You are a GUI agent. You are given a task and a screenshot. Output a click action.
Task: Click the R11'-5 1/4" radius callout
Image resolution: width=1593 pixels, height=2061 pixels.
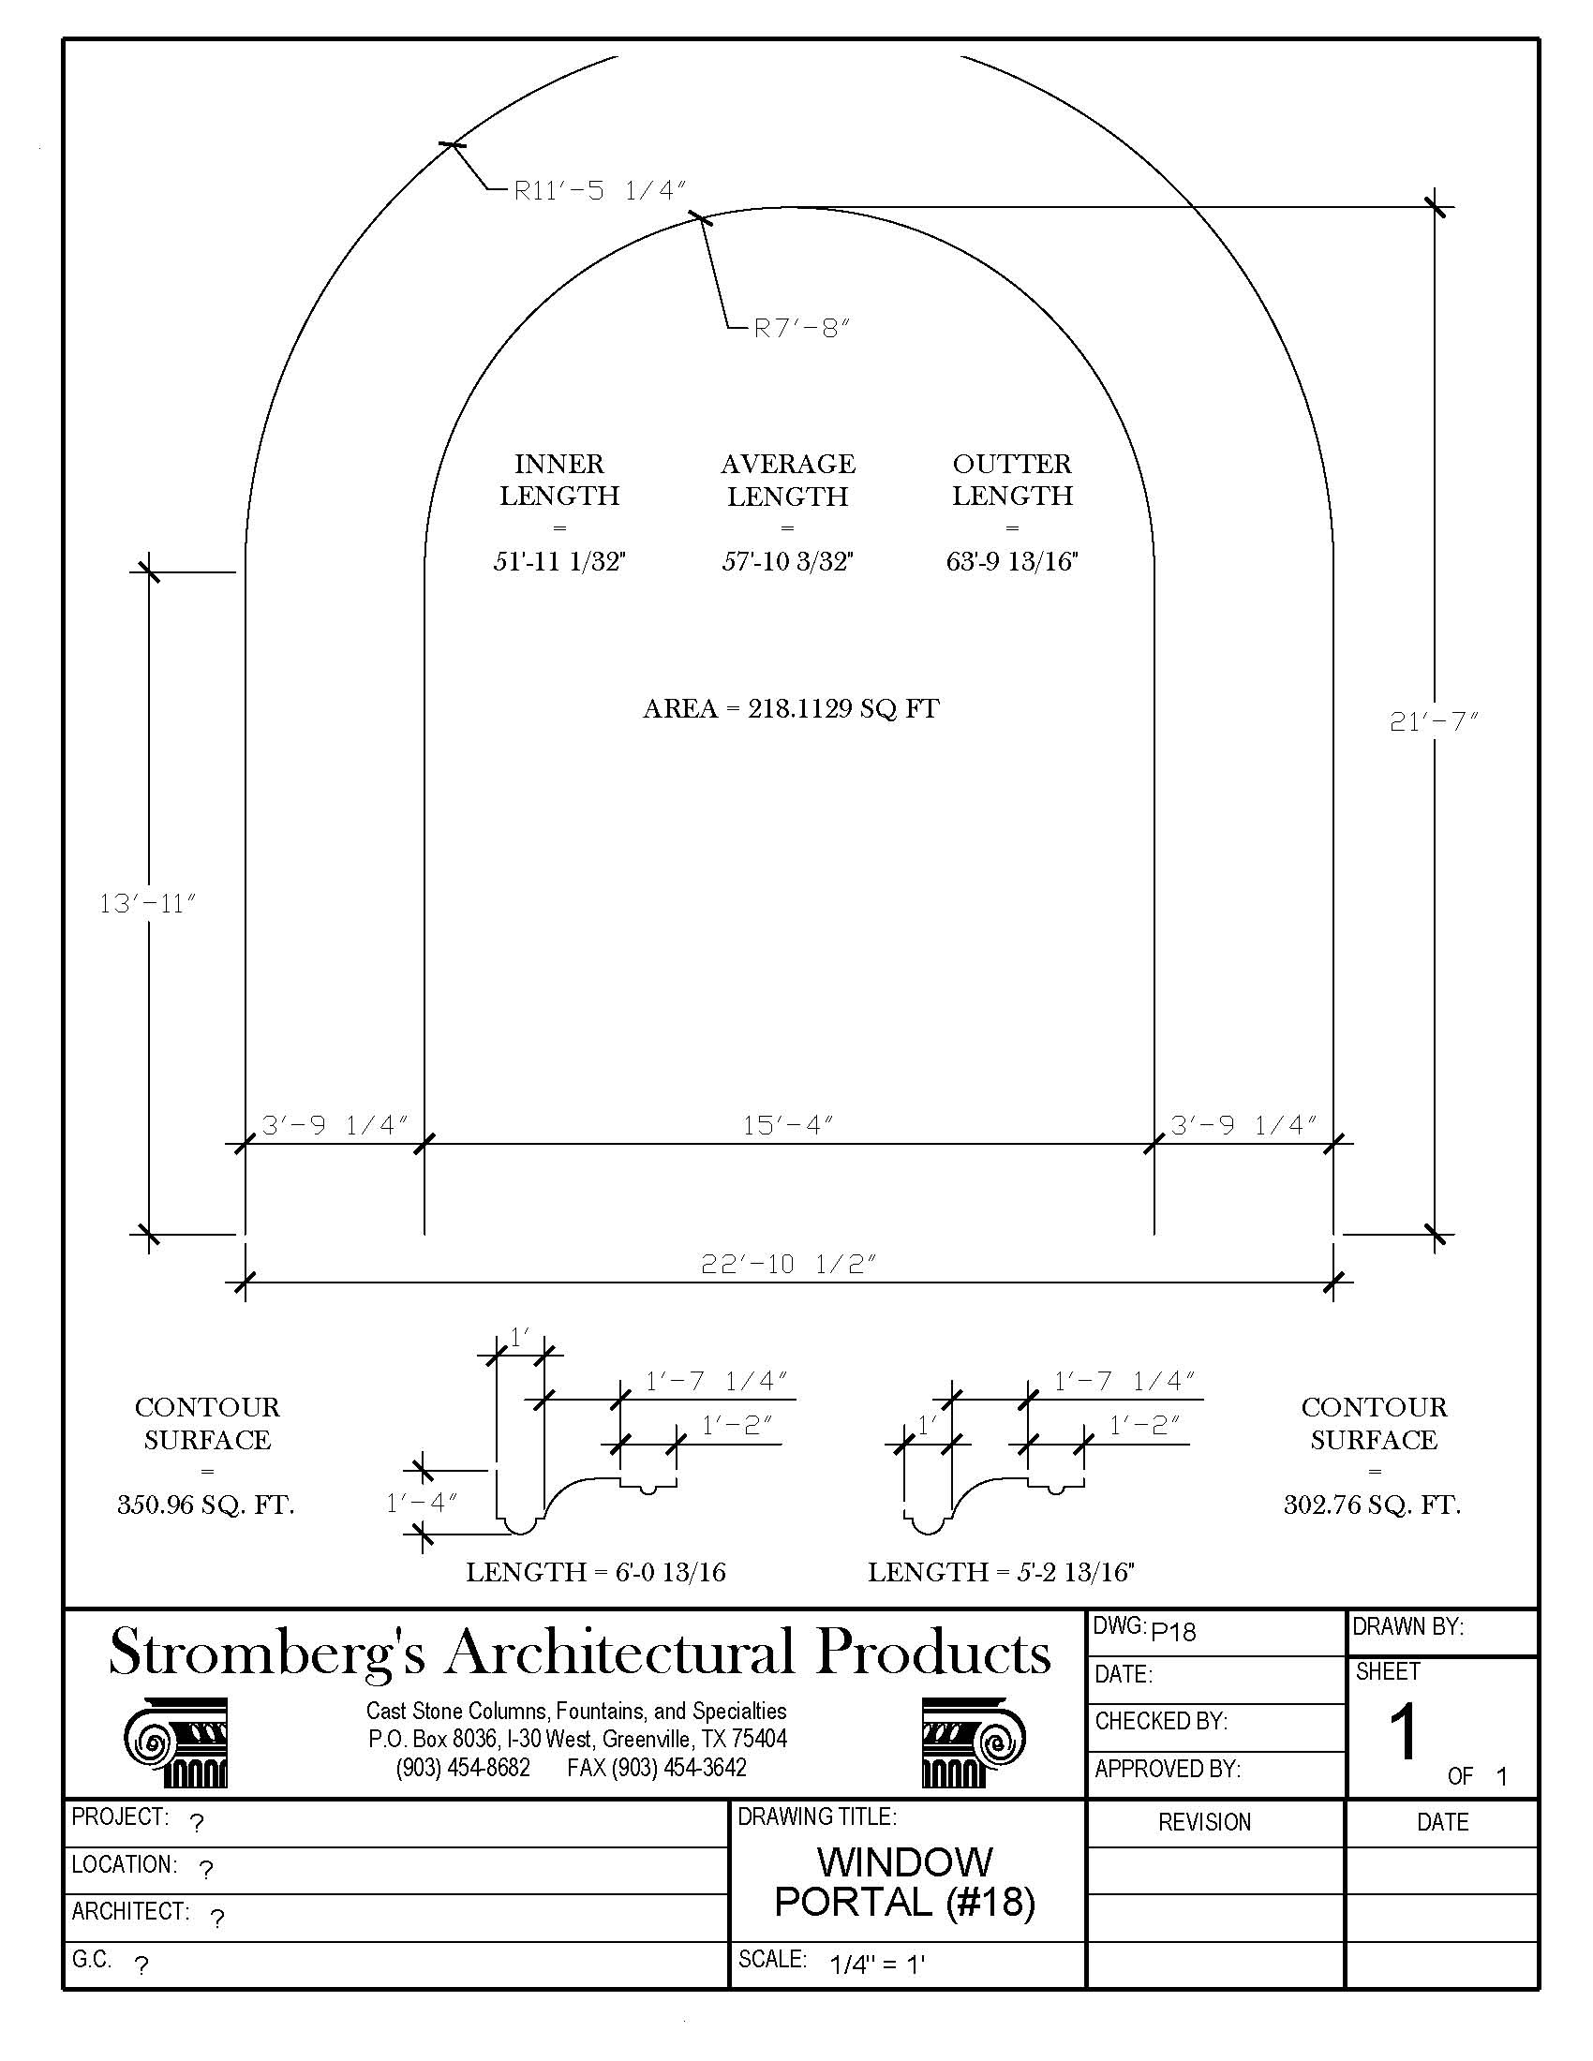pos(599,190)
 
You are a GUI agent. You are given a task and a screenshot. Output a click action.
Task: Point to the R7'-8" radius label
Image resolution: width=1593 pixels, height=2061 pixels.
pos(802,329)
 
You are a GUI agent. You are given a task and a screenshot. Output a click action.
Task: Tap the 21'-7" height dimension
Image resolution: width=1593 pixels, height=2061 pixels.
pos(1433,722)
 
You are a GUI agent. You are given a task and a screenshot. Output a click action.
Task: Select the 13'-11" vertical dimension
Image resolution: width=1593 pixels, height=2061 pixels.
pos(147,904)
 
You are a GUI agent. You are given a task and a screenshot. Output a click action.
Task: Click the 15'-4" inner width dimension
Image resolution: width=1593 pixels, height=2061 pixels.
pos(788,1125)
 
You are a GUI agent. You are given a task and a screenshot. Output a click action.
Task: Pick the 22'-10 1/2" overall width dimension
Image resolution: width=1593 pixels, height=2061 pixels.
pos(788,1264)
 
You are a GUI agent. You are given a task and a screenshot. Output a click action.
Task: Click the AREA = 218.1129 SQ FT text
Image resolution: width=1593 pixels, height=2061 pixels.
pos(791,709)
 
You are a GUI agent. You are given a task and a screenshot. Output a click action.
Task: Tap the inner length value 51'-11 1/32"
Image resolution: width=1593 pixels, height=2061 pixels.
pos(559,562)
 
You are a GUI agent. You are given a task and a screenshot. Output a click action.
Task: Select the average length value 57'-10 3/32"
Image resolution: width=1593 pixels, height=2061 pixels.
pos(788,562)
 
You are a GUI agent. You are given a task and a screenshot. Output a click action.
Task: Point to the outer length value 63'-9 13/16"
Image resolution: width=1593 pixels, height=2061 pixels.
pos(1013,562)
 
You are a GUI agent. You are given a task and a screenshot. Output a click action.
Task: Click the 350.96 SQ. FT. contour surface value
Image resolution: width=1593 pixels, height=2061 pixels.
pos(206,1505)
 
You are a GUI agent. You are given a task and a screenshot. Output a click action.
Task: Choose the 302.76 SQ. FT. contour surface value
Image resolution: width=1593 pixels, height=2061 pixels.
pos(1372,1505)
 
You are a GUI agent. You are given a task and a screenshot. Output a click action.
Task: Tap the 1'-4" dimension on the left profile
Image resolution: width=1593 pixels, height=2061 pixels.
pos(422,1504)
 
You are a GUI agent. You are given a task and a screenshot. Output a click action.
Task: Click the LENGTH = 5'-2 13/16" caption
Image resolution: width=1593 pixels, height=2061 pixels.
pos(1001,1572)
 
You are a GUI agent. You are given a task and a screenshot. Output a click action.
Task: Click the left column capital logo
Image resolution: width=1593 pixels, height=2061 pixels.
pos(176,1743)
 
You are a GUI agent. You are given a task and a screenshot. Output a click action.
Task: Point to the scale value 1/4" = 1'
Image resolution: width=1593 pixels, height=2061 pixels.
pos(878,1965)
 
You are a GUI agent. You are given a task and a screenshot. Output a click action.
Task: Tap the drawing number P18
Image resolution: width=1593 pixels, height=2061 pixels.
pos(1173,1632)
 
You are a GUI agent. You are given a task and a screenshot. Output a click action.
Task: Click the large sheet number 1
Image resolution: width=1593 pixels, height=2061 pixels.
pos(1404,1731)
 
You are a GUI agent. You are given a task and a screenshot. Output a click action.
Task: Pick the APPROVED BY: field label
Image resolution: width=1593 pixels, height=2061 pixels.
pos(1168,1770)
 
